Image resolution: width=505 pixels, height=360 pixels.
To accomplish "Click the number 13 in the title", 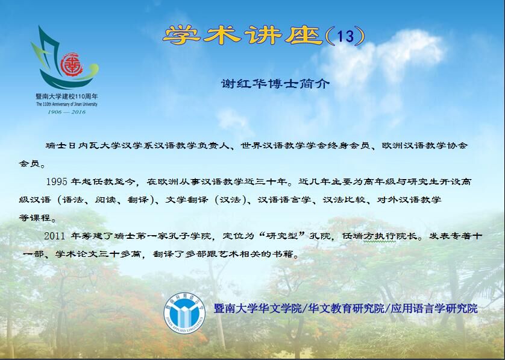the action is pos(345,36).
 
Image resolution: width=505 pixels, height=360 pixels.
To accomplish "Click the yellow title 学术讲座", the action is pos(243,35).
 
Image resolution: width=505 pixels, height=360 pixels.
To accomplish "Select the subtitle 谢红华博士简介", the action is pos(275,84).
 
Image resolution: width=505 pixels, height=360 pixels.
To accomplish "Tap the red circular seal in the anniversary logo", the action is pos(72,65).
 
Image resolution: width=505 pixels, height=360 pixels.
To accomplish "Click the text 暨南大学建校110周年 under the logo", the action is pos(67,96).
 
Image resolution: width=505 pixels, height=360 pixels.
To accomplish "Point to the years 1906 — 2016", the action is pos(67,112).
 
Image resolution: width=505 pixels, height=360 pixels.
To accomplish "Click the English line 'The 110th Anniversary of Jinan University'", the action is pos(67,104).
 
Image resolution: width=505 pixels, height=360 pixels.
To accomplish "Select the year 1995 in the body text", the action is pos(57,182).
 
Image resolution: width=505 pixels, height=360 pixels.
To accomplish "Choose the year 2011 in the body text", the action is pos(55,236).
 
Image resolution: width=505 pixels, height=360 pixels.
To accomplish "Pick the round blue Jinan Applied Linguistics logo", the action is pos(184,312).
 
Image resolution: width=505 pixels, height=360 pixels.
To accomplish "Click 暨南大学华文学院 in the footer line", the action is pos(258,308).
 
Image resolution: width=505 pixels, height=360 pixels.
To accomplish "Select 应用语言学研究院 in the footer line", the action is pos(434,308).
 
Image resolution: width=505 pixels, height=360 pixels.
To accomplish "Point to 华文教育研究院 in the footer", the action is pos(347,308).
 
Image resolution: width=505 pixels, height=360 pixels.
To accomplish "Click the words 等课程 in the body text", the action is pos(35,218).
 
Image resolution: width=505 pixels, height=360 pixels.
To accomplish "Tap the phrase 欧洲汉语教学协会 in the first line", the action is pos(424,146).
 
